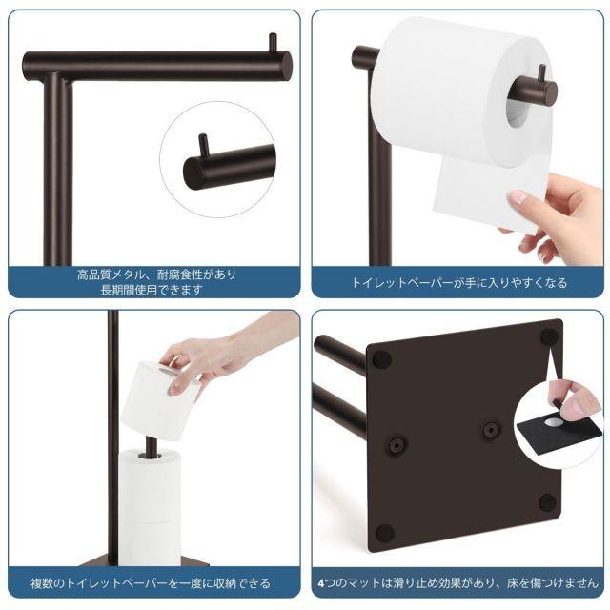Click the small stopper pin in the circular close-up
coord(203,146)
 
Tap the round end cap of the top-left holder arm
coord(285,66)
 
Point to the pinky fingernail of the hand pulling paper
coord(517,197)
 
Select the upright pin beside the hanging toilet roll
coord(541,74)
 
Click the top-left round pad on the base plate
coord(381,359)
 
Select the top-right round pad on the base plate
coord(549,335)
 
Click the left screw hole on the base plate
coord(396,444)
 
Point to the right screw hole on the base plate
coord(489,430)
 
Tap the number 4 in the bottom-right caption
coord(320,583)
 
